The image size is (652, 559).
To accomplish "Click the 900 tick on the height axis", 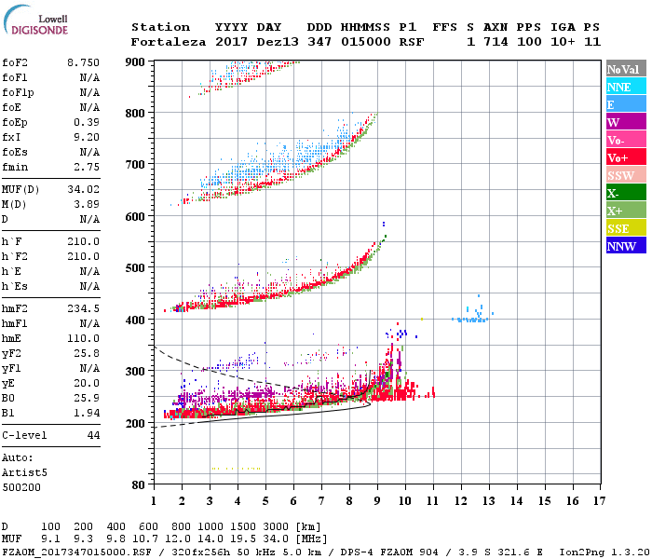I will click(x=137, y=61).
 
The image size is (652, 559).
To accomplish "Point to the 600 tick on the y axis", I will click(x=137, y=217).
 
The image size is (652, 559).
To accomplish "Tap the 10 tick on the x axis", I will click(x=404, y=500).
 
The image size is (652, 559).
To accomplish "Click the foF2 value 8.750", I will click(x=83, y=61).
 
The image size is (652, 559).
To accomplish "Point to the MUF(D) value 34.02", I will click(x=83, y=190).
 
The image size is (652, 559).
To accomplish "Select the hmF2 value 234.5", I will click(x=83, y=307).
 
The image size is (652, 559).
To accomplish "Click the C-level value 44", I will click(x=93, y=435).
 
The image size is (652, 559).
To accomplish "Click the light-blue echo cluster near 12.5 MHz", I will click(x=471, y=317).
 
